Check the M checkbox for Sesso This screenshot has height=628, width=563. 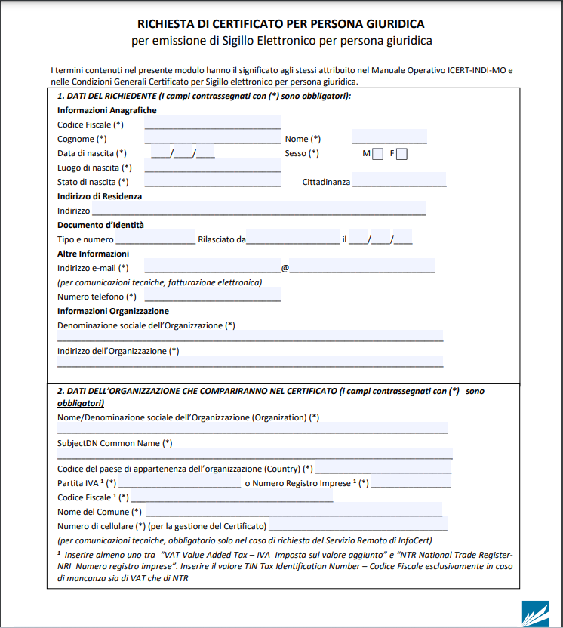[x=378, y=154]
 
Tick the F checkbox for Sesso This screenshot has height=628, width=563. [x=401, y=154]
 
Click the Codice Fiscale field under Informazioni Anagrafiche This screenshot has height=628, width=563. [x=212, y=123]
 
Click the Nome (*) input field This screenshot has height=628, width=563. [x=389, y=137]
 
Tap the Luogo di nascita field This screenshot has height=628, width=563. [x=212, y=166]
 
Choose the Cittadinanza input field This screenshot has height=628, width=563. [x=398, y=180]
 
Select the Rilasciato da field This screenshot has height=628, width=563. [x=293, y=239]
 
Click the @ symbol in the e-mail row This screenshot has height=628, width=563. [x=285, y=268]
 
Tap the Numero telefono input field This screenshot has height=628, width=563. [x=212, y=295]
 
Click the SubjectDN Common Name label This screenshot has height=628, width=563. [x=115, y=443]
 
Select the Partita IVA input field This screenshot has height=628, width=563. [x=180, y=482]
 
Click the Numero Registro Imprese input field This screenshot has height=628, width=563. [x=411, y=482]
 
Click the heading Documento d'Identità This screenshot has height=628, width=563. [x=100, y=225]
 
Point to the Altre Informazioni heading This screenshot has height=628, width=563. [x=94, y=254]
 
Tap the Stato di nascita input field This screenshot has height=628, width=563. [x=212, y=180]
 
